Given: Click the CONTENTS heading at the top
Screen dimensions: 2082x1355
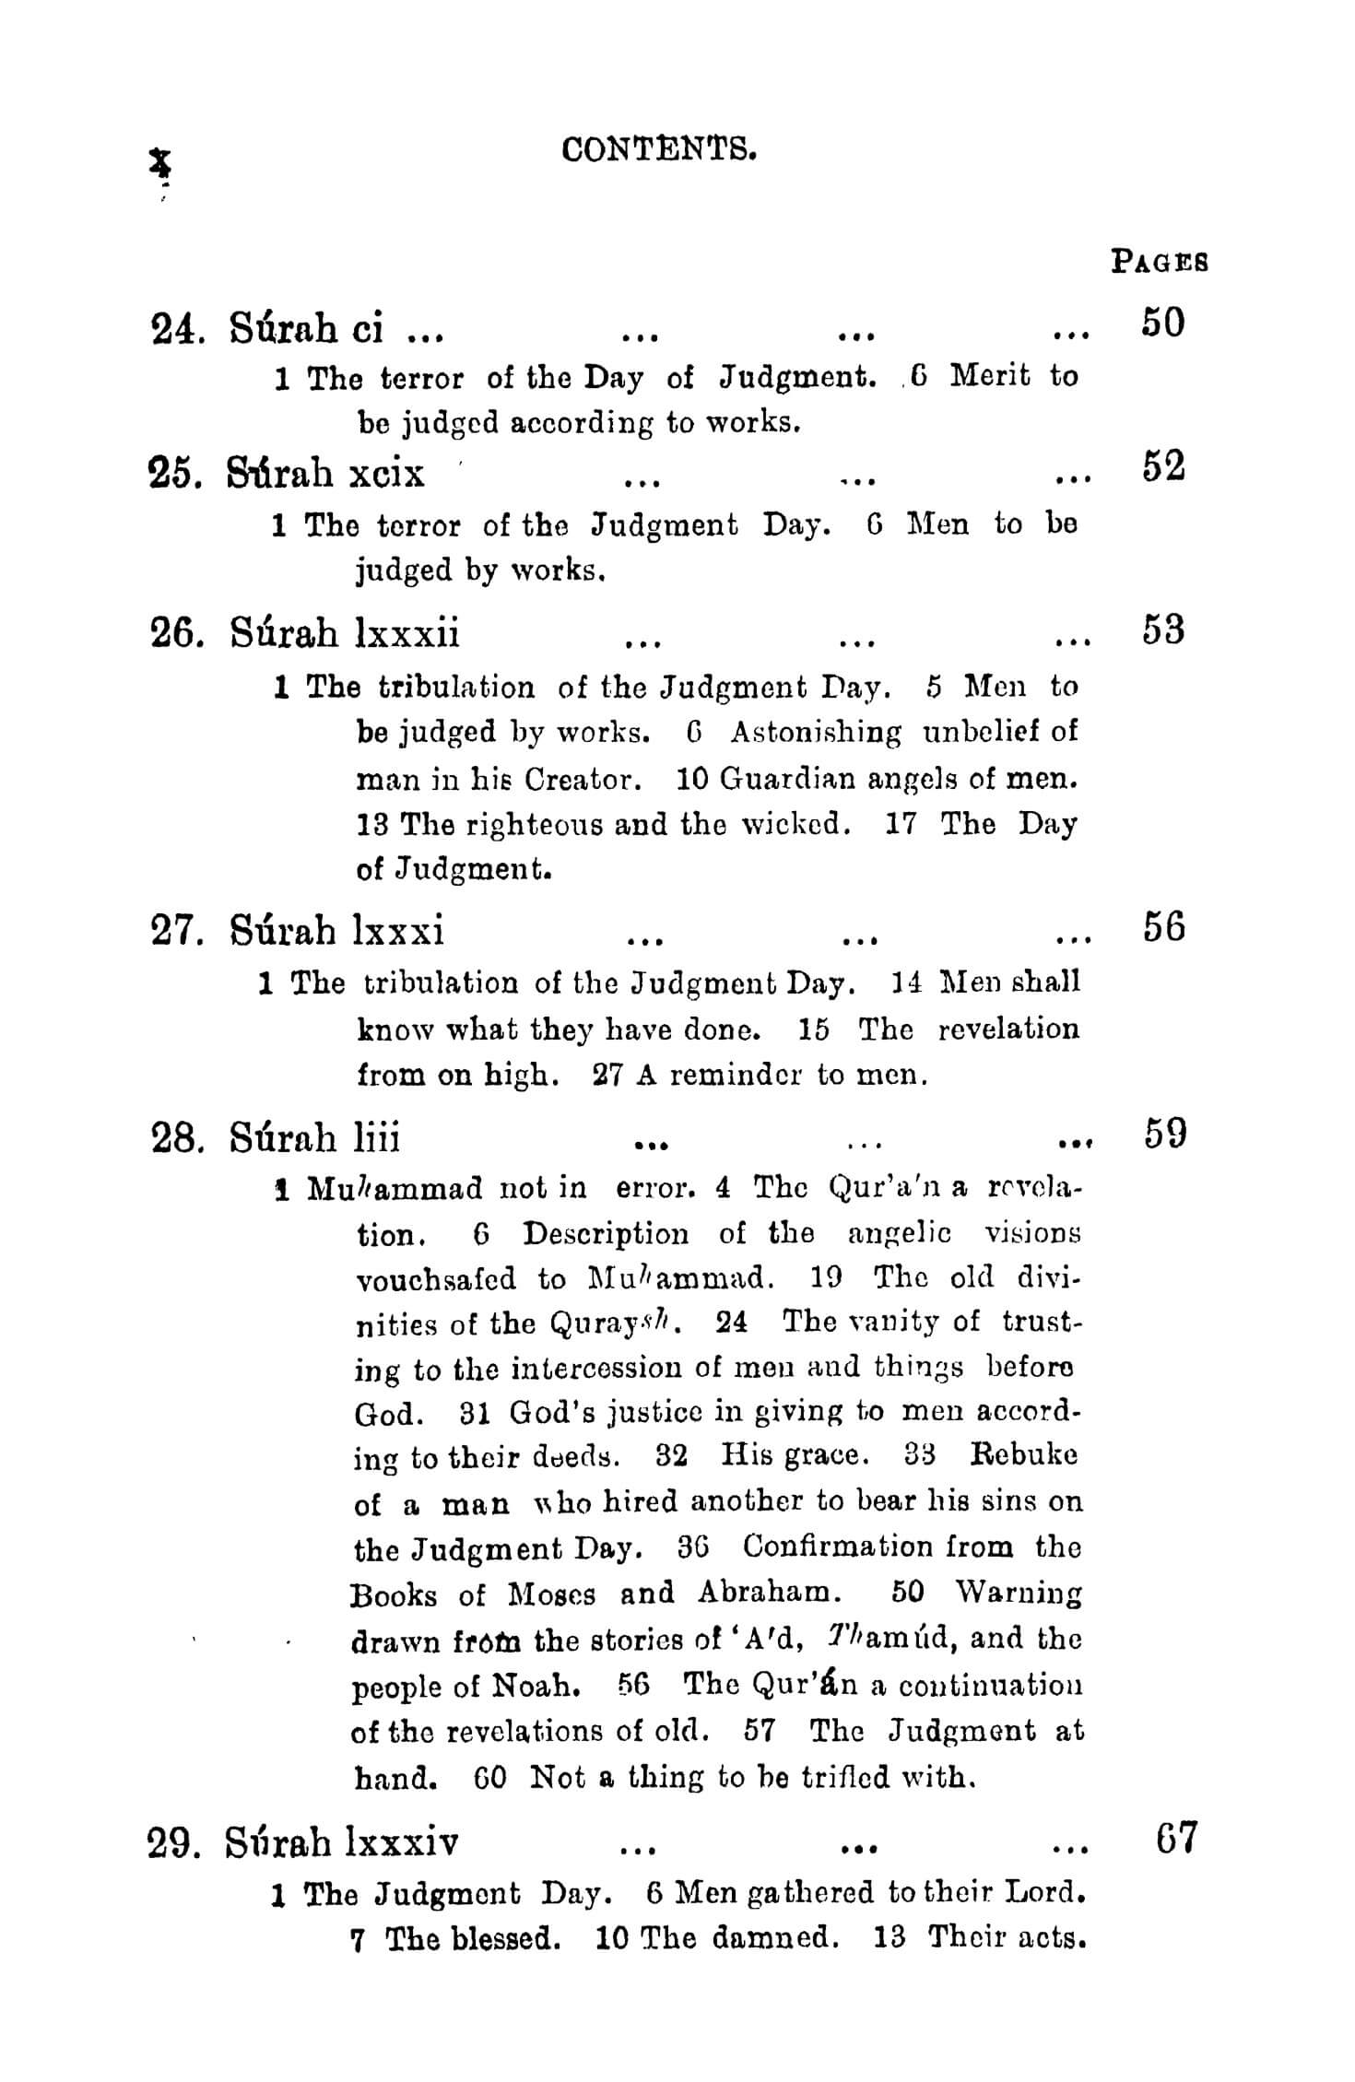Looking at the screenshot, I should (659, 148).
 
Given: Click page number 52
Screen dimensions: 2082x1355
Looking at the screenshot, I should (1162, 467).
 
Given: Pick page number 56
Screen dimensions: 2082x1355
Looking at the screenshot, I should (1163, 927).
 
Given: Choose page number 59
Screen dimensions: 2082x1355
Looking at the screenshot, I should (1164, 1134).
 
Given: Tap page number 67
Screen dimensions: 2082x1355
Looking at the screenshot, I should (1175, 1840).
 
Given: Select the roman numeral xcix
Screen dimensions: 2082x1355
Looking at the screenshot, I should (386, 474).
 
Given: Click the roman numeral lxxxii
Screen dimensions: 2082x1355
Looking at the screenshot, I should (406, 633).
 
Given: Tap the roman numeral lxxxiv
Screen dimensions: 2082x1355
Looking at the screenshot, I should (399, 1842).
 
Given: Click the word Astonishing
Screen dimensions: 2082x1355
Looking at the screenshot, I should (816, 733).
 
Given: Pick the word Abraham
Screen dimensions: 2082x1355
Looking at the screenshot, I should (768, 1592).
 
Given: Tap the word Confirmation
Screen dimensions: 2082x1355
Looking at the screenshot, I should (836, 1546).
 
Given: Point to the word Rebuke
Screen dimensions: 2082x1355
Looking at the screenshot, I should (1023, 1454).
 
